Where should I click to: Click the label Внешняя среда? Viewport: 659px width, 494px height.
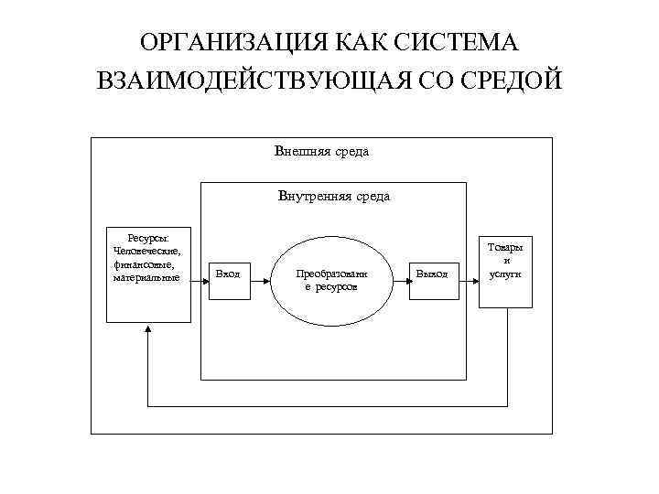(x=321, y=152)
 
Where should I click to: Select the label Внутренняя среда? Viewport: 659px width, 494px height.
(x=333, y=196)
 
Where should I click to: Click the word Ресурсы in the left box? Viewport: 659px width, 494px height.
(x=147, y=238)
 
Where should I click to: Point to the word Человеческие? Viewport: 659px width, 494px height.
(x=147, y=251)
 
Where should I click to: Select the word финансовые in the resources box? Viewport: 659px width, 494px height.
(x=147, y=263)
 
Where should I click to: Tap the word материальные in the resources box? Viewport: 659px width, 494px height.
(x=147, y=276)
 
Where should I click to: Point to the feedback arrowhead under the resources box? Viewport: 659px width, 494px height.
(x=147, y=329)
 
